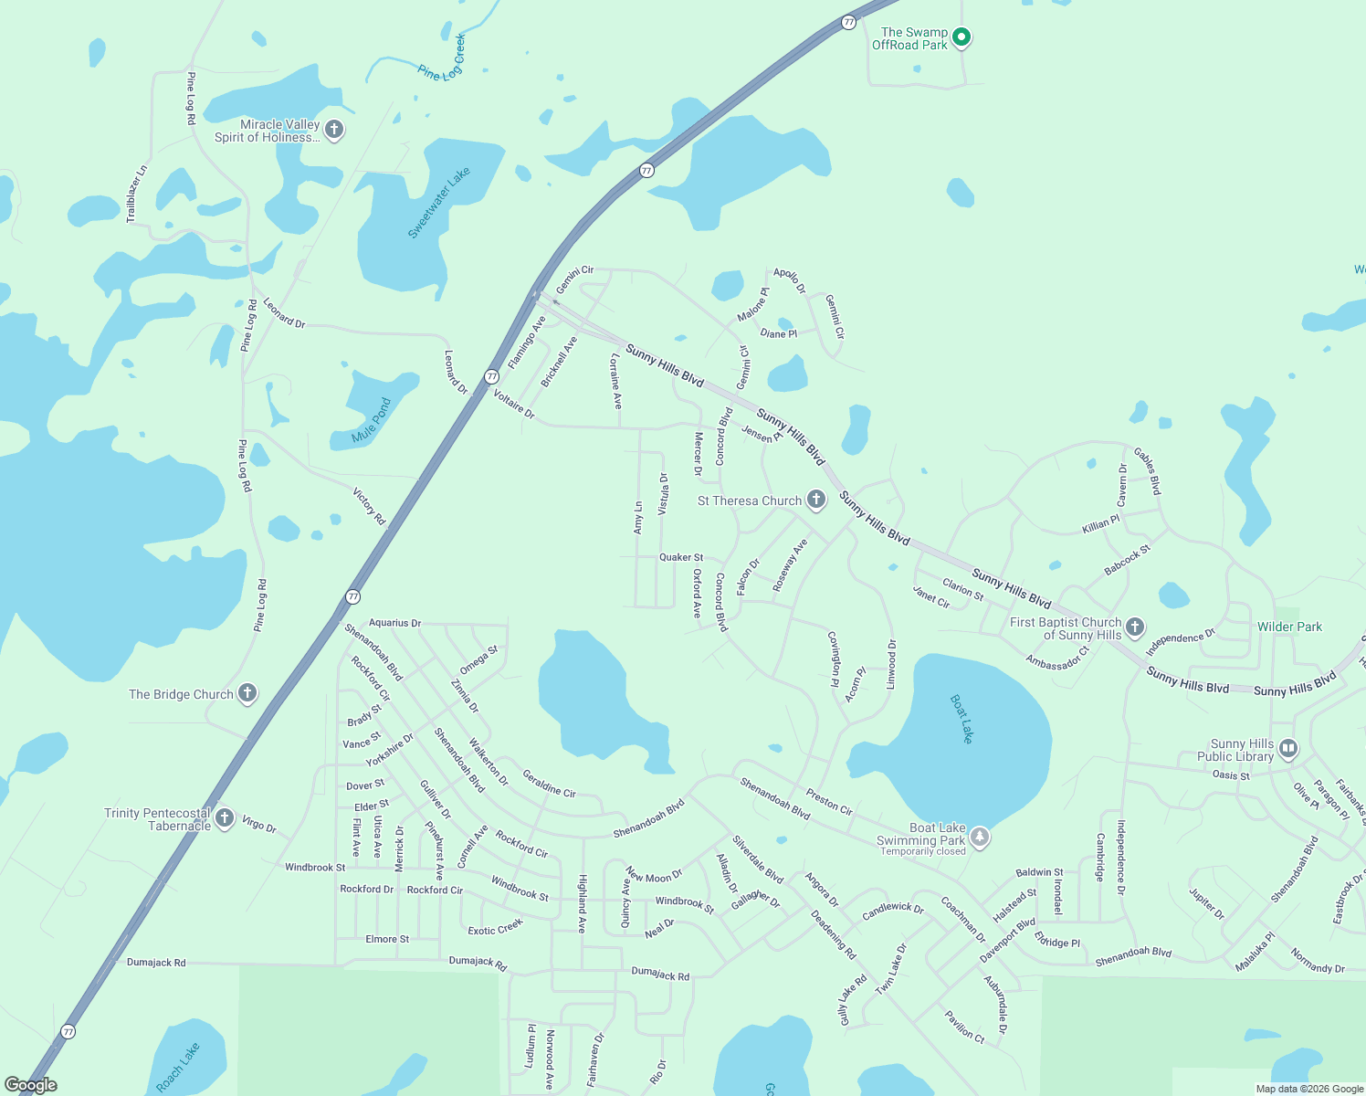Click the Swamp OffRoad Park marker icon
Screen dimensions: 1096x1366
[961, 37]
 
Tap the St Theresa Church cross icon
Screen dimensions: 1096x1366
[816, 500]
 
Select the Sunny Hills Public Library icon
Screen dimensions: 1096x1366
[1288, 750]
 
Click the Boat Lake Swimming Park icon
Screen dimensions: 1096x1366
[979, 837]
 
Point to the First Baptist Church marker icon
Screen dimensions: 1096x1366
[1135, 627]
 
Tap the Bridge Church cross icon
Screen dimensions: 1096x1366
[247, 693]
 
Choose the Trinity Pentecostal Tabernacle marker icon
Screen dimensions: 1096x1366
[225, 818]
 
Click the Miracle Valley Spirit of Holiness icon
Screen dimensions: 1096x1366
[334, 129]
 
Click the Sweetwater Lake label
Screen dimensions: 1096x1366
[438, 203]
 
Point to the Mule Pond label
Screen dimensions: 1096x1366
[372, 420]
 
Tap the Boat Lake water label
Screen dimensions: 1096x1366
[962, 718]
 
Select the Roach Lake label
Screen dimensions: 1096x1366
[177, 1067]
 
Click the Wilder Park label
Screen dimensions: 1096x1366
[1289, 627]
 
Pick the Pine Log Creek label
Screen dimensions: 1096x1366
[442, 58]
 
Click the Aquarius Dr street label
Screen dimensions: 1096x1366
[394, 623]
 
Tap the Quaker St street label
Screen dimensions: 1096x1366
[681, 557]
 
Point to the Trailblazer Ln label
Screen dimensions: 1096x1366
[136, 194]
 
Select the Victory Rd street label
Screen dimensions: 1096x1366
[369, 506]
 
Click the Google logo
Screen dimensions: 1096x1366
[31, 1085]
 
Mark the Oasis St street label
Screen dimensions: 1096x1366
[1231, 775]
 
